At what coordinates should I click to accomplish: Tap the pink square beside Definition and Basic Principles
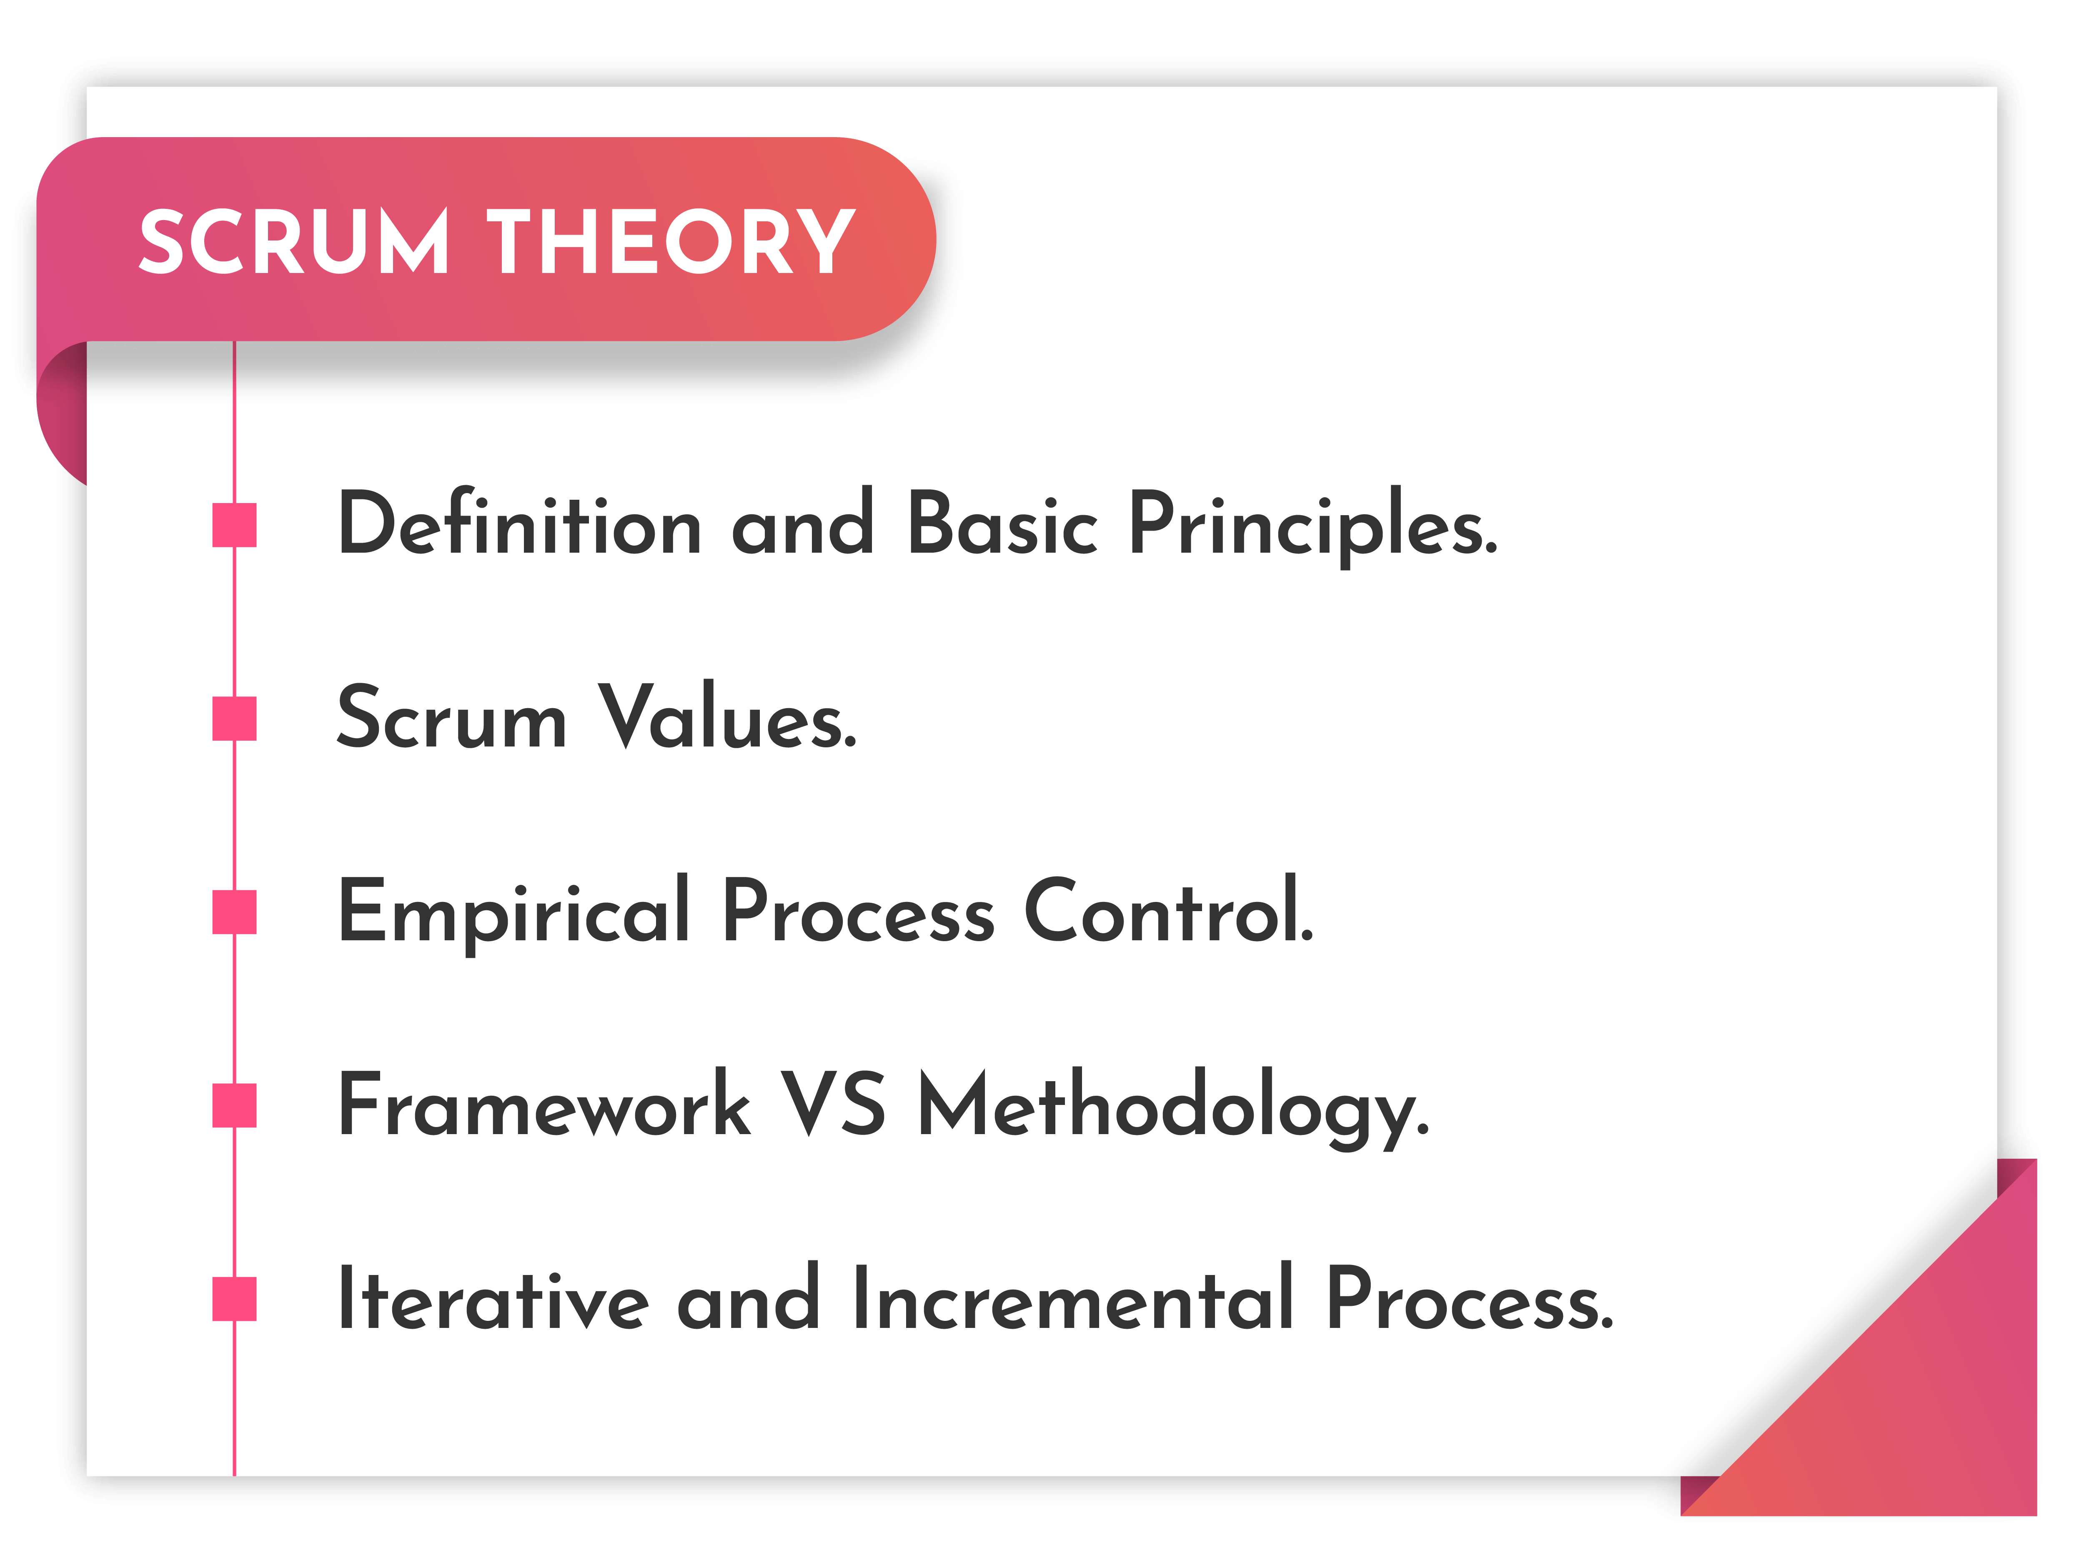point(235,525)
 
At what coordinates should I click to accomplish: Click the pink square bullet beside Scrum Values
point(235,719)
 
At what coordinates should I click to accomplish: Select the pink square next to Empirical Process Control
point(235,912)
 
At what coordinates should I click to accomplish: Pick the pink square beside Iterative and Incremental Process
point(235,1299)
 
